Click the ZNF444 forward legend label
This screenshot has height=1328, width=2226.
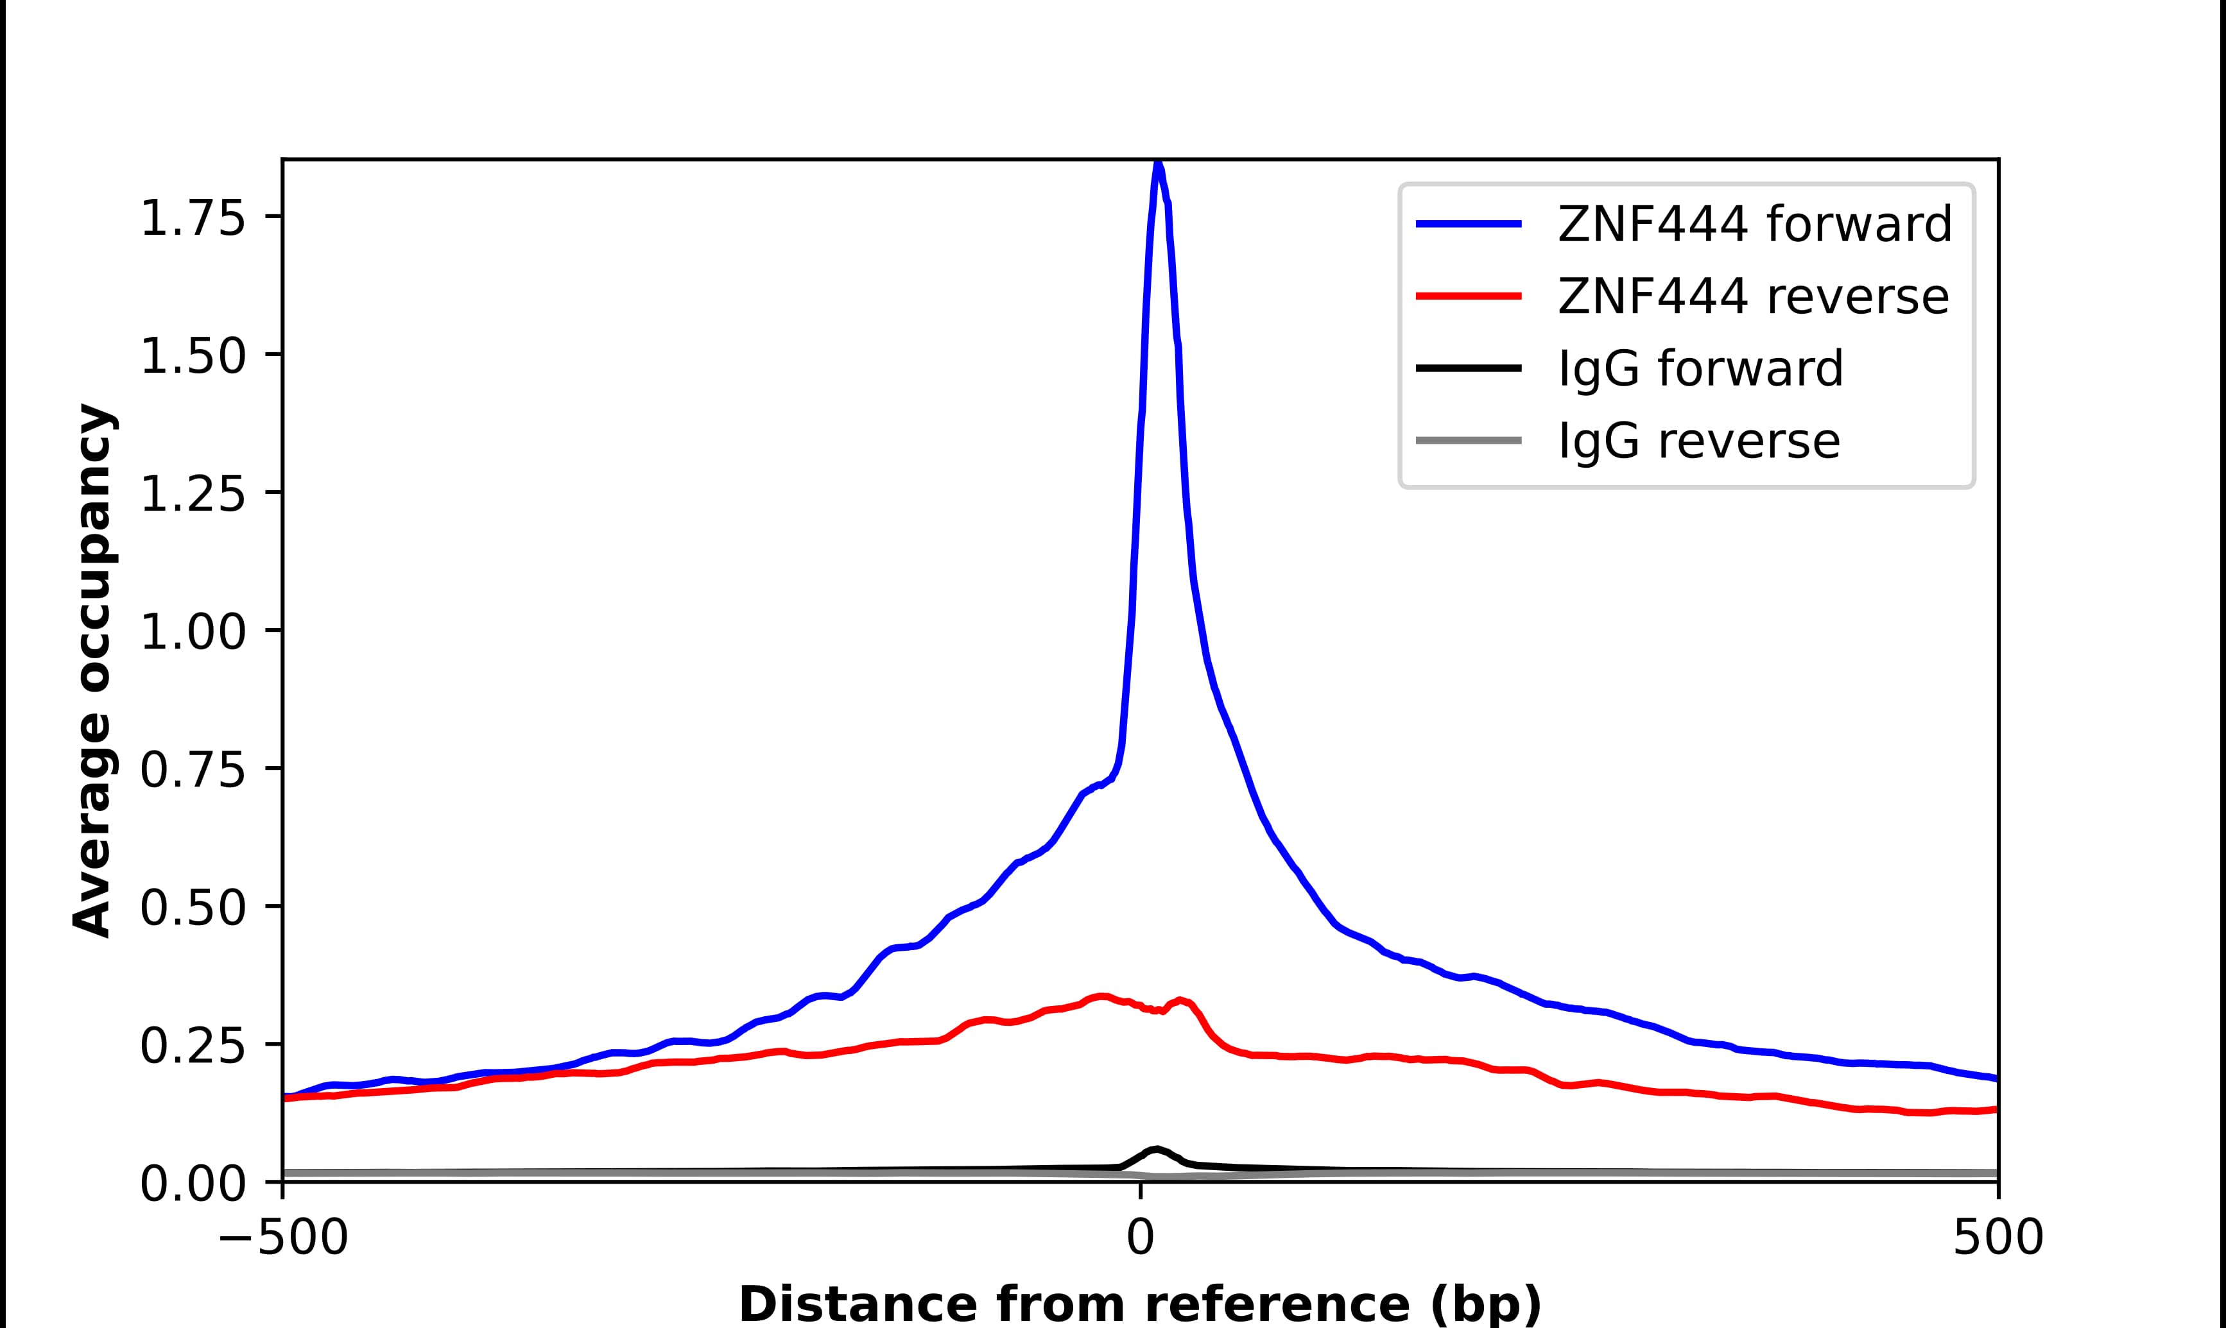click(1754, 224)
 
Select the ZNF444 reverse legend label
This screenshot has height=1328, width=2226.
click(1752, 296)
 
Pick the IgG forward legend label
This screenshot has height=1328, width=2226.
click(1700, 369)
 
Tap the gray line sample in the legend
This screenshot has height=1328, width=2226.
click(1469, 440)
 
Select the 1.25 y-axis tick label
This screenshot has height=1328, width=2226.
click(193, 494)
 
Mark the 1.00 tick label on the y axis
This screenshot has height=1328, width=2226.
click(193, 632)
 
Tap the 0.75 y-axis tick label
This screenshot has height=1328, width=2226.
click(193, 770)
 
